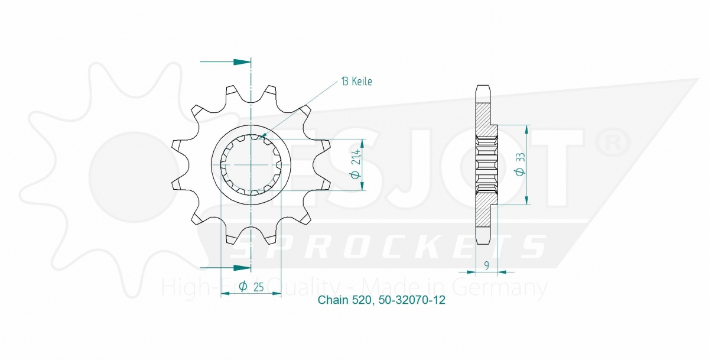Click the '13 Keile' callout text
tap(356, 82)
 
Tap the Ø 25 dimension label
tap(251, 287)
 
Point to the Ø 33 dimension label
tap(520, 164)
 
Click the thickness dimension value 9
tap(487, 265)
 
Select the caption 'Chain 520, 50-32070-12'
tap(382, 300)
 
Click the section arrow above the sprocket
tap(225, 61)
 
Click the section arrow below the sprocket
tap(225, 268)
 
